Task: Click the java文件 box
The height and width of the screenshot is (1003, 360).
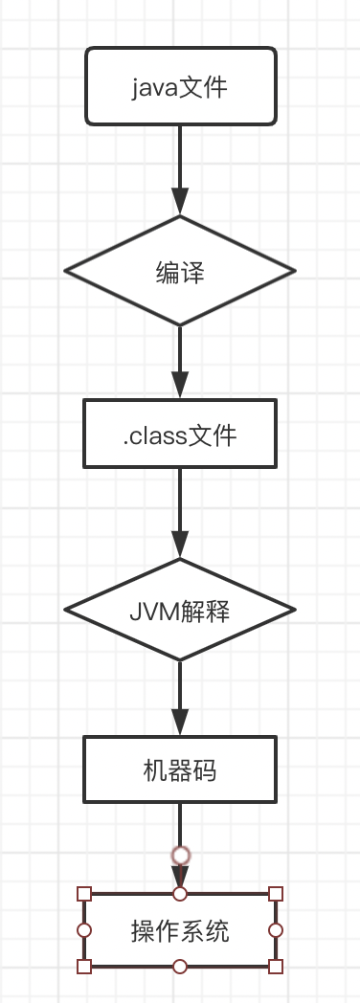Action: click(x=180, y=87)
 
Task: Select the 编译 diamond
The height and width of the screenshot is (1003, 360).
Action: click(x=180, y=272)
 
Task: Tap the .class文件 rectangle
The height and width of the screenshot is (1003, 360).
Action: click(x=180, y=436)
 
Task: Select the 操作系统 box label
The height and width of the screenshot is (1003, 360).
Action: click(x=180, y=930)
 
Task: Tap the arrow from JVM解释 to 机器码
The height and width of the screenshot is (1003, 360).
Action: click(x=180, y=699)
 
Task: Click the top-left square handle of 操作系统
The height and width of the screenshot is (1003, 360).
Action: click(x=84, y=894)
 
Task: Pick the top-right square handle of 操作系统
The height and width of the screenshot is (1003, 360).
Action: click(x=276, y=894)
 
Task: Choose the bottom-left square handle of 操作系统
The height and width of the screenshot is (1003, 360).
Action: click(x=84, y=967)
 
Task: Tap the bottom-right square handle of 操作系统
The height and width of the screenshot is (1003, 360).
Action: click(x=276, y=967)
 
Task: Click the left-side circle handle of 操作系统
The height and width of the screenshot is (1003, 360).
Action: click(x=84, y=930)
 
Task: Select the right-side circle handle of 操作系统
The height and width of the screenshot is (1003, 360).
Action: click(x=276, y=930)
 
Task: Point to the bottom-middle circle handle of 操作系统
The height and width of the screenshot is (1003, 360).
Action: click(x=180, y=967)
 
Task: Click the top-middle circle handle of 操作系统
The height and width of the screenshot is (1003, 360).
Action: click(x=180, y=894)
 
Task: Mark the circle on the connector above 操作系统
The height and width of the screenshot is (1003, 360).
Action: click(x=180, y=855)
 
